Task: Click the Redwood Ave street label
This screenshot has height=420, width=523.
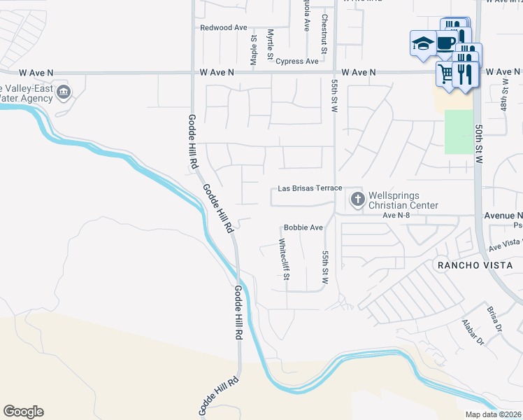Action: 224,27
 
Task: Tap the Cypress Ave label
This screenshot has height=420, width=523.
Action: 297,62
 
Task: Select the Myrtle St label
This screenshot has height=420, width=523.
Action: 270,44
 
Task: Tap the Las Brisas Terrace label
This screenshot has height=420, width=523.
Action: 310,188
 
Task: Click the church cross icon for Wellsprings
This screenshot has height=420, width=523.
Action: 357,199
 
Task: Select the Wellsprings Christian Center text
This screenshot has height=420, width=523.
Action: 403,200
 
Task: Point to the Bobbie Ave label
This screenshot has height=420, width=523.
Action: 303,227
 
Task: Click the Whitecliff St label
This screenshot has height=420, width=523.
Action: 284,259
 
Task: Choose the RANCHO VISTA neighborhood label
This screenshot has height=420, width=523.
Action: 475,265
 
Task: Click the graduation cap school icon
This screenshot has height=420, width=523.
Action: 422,43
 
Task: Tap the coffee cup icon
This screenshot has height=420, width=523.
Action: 447,41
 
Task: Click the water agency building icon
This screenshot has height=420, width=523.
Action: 64,92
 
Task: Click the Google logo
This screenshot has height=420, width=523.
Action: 23,412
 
